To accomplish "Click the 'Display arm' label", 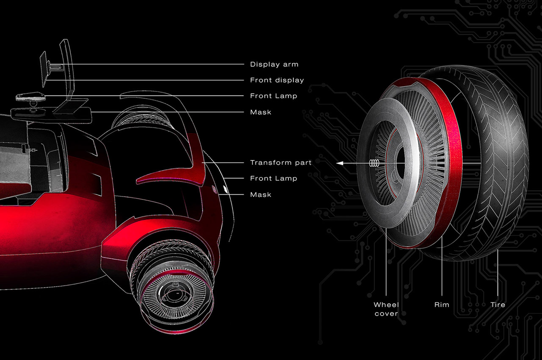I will coord(274,64).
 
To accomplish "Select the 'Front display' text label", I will coord(277,80).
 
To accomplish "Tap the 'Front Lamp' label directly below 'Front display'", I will coord(274,96).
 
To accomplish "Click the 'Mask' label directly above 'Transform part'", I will coord(260,112).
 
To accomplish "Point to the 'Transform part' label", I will coord(281,163).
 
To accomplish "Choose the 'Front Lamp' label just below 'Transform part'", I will coord(274,178).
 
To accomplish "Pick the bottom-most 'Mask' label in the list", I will coord(260,195).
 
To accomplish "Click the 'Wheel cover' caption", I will coord(386,309).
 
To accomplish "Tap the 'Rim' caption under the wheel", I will coord(442,305).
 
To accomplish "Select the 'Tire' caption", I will coord(498,305).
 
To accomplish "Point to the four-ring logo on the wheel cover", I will coord(374,163).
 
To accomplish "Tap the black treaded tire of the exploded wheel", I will coord(504,161).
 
